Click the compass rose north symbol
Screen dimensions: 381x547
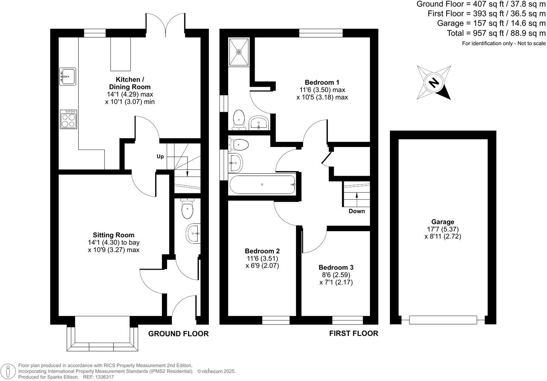pos(434,82)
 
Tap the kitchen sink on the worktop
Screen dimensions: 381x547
pos(68,76)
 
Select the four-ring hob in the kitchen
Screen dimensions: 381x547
pos(68,119)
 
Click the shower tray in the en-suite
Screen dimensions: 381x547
pos(239,52)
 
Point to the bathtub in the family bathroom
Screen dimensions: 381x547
pos(262,185)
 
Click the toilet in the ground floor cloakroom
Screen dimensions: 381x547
pos(187,209)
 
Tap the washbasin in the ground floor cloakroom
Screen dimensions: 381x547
pos(193,233)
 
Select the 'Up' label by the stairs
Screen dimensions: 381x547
pos(160,157)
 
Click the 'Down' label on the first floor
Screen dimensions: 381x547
pos(357,211)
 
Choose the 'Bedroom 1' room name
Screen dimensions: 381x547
pos(322,82)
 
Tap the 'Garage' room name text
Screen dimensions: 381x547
pos(442,222)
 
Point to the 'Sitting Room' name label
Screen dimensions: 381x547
pos(113,235)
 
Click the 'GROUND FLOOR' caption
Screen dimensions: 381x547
pos(178,334)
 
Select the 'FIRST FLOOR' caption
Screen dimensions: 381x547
pos(354,333)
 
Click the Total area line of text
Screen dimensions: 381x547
pos(496,33)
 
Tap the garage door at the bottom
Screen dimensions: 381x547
pos(443,320)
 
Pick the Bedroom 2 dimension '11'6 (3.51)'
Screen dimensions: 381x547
pos(262,258)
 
